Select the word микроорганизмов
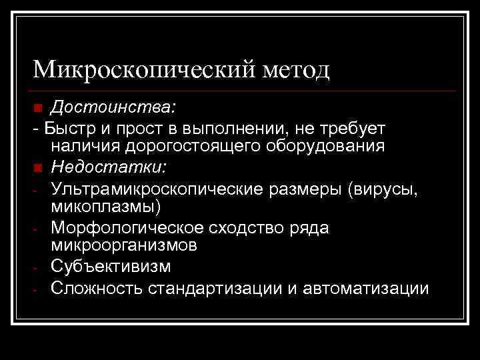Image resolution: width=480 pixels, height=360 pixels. pos(123,246)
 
